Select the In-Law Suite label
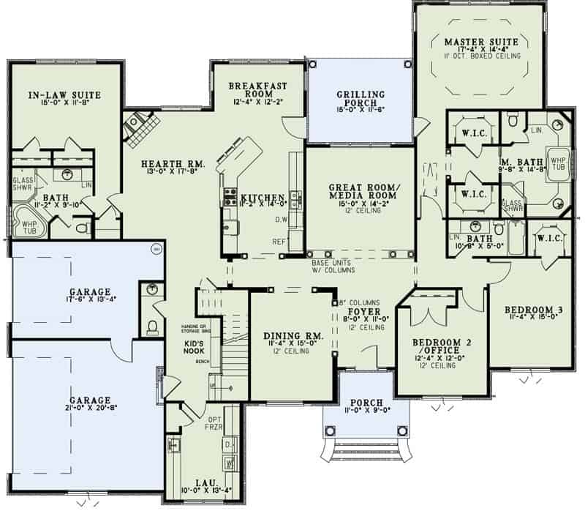64,95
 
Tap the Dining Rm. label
287,336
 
